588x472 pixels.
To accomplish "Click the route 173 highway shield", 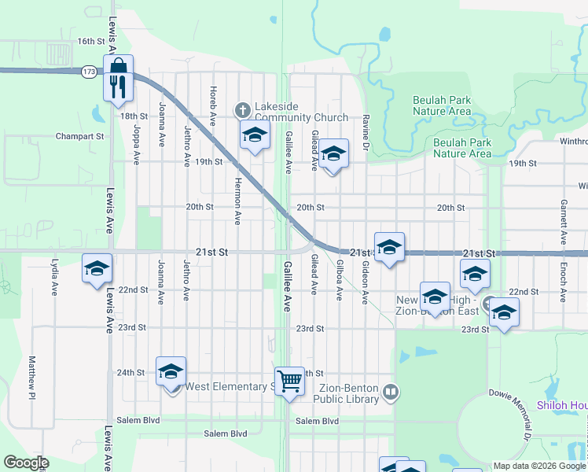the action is click(88, 72).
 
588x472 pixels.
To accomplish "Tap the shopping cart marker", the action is click(289, 382).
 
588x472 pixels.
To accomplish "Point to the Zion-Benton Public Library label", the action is click(346, 393).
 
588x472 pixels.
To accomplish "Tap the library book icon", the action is click(391, 391).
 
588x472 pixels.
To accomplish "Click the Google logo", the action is click(26, 463).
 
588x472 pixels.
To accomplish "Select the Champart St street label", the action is click(79, 136).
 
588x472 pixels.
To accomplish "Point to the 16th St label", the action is click(91, 41).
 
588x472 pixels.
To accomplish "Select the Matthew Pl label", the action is click(32, 376).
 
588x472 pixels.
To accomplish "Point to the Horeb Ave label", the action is click(212, 106).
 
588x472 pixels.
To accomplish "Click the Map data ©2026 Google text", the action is click(538, 466).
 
